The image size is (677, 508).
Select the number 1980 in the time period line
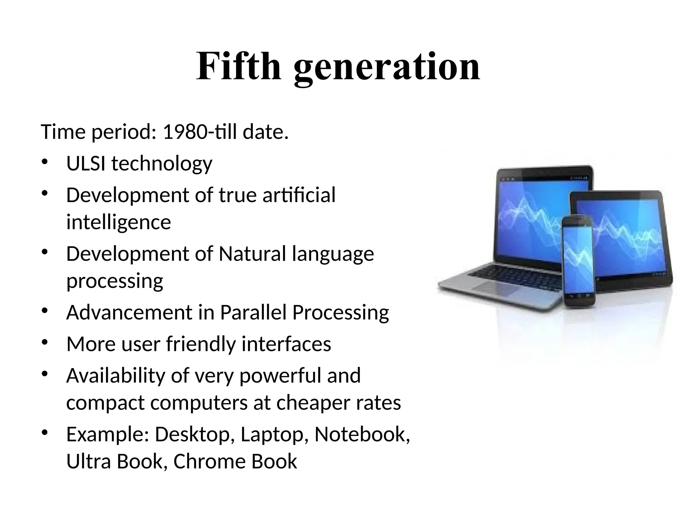tap(185, 132)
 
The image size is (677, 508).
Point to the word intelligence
tap(119, 222)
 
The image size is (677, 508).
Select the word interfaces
tap(286, 344)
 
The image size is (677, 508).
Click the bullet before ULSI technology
tap(45, 162)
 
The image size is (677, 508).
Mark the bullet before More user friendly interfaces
tap(45, 343)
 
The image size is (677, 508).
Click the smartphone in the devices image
tap(579, 261)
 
